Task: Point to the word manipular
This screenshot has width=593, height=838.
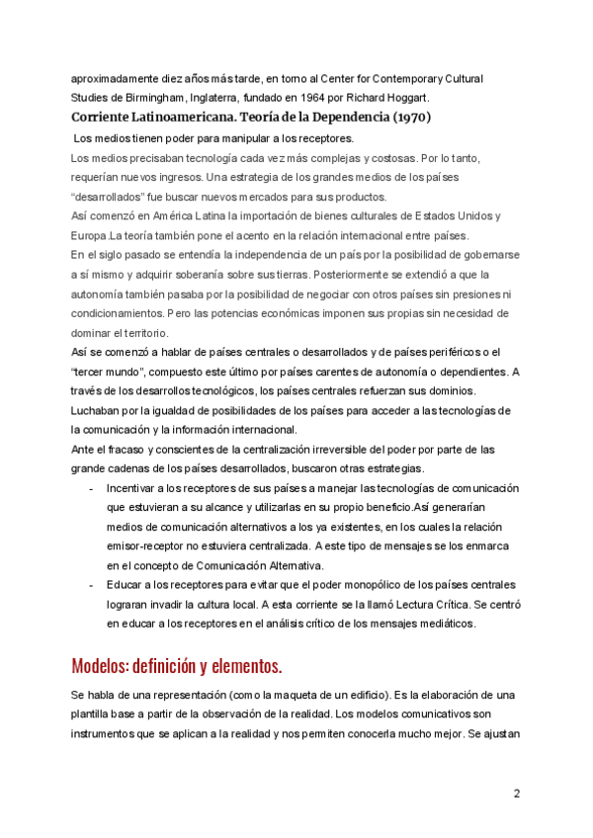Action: [228, 138]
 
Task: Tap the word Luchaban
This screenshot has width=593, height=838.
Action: [97, 410]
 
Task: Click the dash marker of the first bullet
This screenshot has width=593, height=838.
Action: [91, 488]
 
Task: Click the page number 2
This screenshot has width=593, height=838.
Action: [516, 794]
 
